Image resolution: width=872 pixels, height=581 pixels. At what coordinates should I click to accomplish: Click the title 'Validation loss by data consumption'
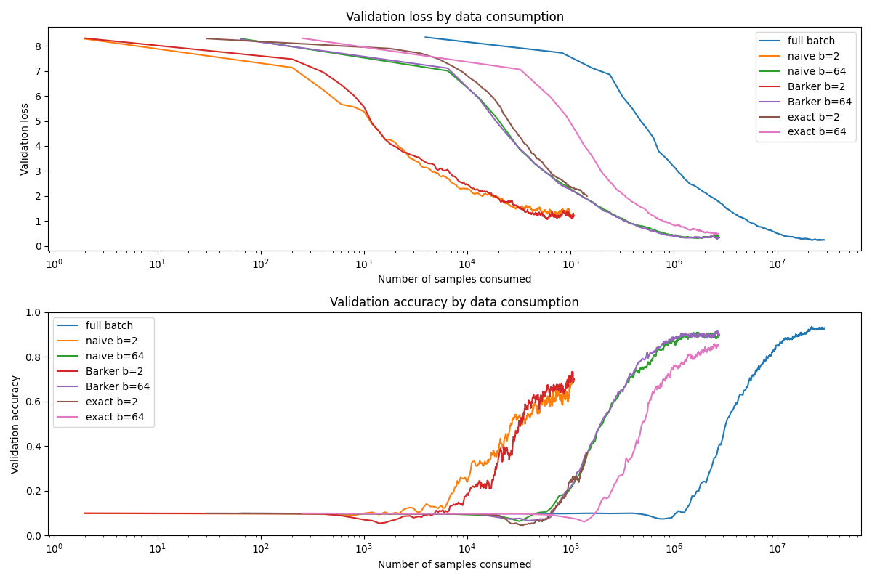pyautogui.click(x=454, y=17)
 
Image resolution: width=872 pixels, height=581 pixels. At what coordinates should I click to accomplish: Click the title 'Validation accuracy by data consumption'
pyautogui.click(x=454, y=302)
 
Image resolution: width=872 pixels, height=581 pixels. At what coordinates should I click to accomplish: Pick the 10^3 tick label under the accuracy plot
pyautogui.click(x=364, y=547)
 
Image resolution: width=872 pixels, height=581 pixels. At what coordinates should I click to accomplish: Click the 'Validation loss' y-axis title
pyautogui.click(x=25, y=139)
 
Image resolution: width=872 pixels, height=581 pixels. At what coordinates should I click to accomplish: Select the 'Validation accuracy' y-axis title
pyautogui.click(x=15, y=424)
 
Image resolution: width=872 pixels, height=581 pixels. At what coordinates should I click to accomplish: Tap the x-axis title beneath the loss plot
pyautogui.click(x=454, y=279)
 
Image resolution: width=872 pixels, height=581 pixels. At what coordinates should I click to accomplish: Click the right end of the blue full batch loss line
pyautogui.click(x=824, y=240)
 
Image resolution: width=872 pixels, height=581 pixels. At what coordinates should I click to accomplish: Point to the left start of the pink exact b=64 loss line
pyautogui.click(x=302, y=38)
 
